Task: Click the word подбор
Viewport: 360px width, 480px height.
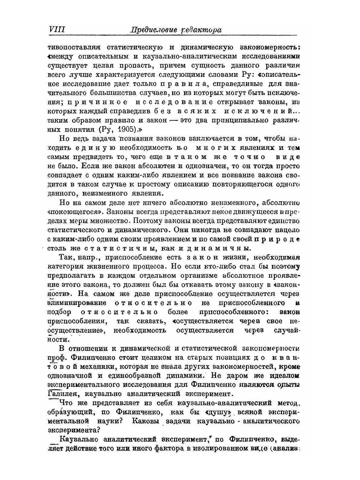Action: click(x=60, y=312)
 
